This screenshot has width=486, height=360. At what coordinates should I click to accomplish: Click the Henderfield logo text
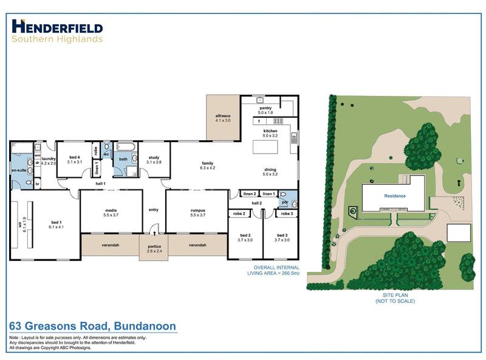pyautogui.click(x=57, y=27)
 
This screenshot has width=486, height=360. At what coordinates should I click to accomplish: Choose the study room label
pyautogui.click(x=154, y=160)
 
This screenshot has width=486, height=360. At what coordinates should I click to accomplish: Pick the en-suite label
pyautogui.click(x=19, y=171)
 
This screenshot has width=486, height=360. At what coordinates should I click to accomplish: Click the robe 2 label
pyautogui.click(x=239, y=214)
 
